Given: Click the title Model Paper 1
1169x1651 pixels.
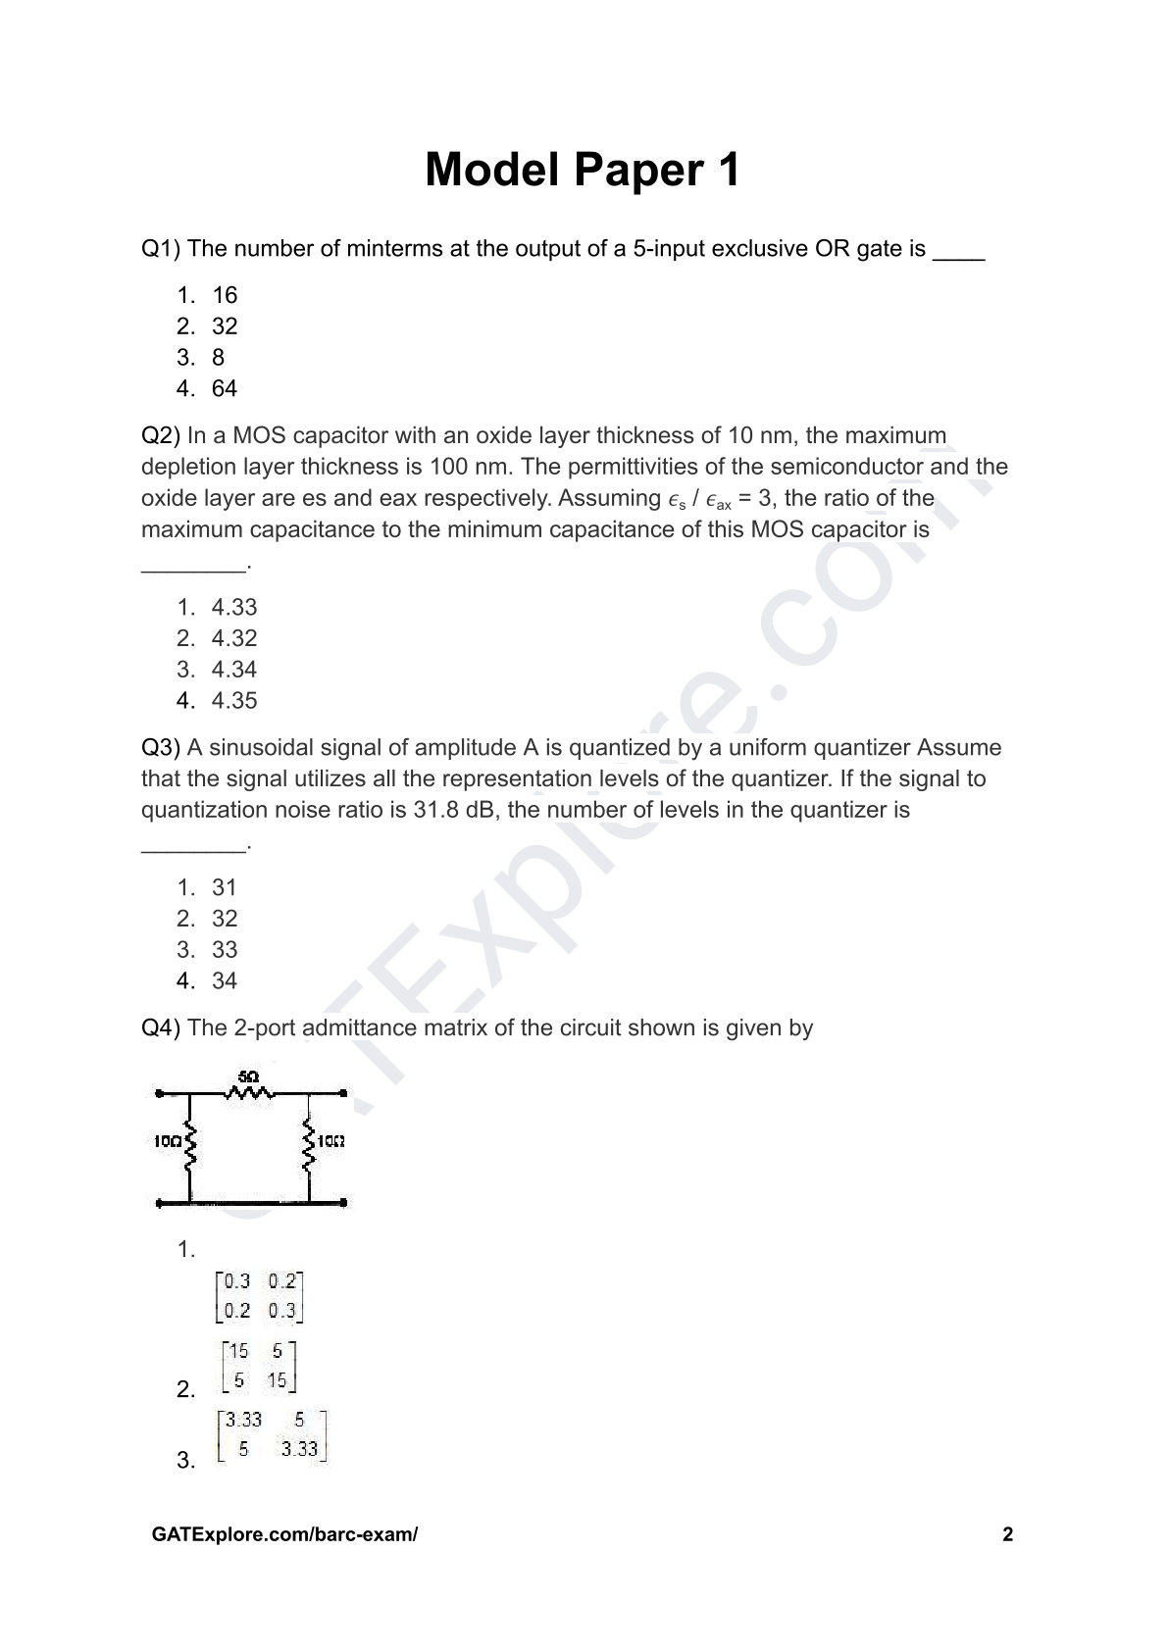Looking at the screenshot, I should (583, 170).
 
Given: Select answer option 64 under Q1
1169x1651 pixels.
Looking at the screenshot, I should (225, 388).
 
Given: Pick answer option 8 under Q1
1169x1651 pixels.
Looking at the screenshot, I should (218, 357).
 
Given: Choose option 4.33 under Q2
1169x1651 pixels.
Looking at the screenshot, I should (234, 607).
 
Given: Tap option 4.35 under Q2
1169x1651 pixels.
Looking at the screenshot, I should (234, 700).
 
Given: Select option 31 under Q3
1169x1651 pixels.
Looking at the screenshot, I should (225, 887).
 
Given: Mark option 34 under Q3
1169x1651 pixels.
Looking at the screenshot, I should (225, 980).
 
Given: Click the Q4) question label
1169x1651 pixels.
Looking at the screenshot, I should (161, 1027).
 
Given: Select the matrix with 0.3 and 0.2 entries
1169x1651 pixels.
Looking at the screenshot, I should (260, 1295).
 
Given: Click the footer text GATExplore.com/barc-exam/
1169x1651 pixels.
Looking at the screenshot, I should (285, 1534).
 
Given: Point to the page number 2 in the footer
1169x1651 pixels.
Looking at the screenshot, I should (1007, 1534).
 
